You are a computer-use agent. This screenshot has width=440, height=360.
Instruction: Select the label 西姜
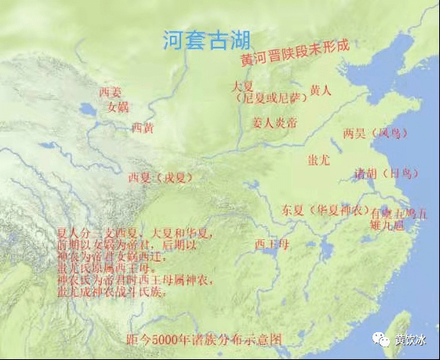tap(110, 92)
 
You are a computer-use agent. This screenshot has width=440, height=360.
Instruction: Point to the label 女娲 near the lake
tap(118, 106)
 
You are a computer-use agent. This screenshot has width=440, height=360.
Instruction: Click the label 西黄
tap(142, 127)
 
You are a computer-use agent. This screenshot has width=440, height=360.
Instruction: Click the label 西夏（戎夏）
tap(160, 178)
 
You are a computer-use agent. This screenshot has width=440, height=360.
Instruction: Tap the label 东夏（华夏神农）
tap(326, 210)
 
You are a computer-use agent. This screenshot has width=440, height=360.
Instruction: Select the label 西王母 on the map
tap(271, 244)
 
